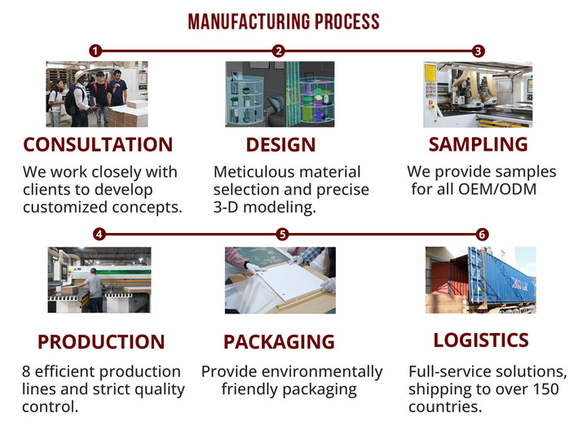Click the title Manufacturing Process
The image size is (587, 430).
[284, 22]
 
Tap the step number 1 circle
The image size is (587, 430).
[95, 50]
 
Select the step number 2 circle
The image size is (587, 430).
[278, 50]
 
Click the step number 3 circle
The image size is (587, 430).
[478, 50]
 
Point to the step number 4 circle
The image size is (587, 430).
[99, 235]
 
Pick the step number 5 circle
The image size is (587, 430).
[282, 235]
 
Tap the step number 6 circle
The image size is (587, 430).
[482, 235]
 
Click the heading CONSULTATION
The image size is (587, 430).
[98, 145]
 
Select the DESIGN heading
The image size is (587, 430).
[280, 145]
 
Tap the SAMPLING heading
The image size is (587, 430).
[478, 144]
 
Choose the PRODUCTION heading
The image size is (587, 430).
[101, 342]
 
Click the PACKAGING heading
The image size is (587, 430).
[279, 342]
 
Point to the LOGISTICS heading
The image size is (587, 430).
[481, 340]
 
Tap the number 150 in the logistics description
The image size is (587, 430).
[545, 388]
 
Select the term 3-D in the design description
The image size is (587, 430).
[226, 207]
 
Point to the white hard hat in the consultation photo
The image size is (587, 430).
[80, 75]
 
